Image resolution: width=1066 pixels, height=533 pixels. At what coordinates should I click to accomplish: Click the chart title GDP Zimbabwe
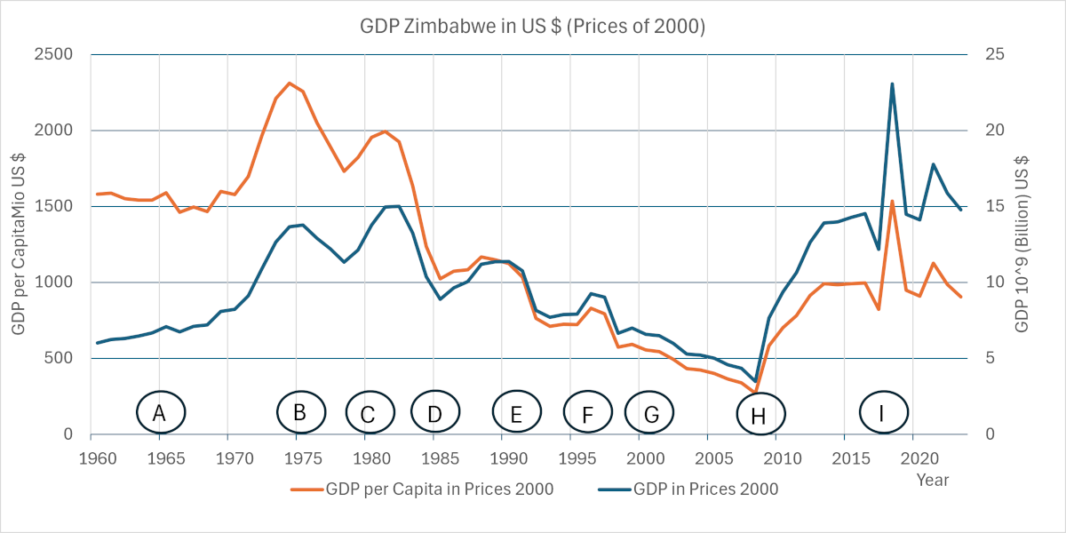pyautogui.click(x=532, y=27)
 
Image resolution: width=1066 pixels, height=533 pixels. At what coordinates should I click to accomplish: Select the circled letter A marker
pyautogui.click(x=161, y=412)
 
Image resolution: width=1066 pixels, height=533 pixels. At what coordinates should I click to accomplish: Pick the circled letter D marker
pyautogui.click(x=434, y=413)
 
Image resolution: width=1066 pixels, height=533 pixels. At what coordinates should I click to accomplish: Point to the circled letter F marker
pyautogui.click(x=588, y=414)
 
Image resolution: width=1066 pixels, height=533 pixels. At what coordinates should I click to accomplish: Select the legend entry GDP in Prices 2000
pyautogui.click(x=705, y=489)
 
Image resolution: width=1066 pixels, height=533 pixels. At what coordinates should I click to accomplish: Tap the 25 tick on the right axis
pyautogui.click(x=995, y=54)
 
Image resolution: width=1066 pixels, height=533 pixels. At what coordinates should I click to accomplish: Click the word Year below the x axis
pyautogui.click(x=933, y=480)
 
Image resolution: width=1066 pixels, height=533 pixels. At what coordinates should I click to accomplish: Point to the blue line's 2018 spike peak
pyautogui.click(x=892, y=84)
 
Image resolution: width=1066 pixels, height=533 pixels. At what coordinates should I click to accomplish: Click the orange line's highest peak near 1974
pyautogui.click(x=290, y=84)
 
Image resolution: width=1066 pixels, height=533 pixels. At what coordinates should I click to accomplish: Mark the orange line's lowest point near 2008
pyautogui.click(x=755, y=392)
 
